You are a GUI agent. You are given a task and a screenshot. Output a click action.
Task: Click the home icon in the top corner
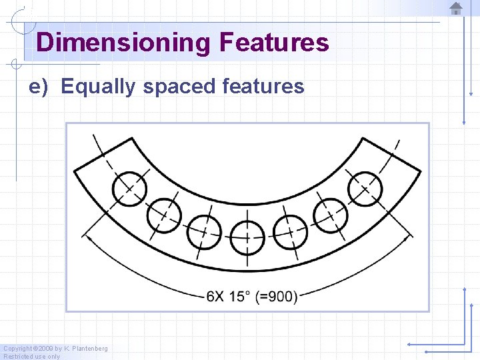click(x=456, y=9)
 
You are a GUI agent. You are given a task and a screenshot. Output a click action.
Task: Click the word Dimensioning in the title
click(x=123, y=43)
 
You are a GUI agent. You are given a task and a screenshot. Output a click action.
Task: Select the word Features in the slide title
click(x=274, y=43)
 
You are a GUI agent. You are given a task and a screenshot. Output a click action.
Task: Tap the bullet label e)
click(x=39, y=87)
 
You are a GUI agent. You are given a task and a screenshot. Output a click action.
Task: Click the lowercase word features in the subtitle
click(x=263, y=87)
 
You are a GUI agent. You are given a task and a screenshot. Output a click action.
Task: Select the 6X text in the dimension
click(x=215, y=296)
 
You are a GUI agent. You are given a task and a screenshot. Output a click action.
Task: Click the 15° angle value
click(x=241, y=296)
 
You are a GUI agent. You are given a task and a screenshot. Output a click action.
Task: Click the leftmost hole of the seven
click(x=129, y=189)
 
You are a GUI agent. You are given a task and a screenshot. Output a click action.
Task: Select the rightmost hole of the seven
click(x=365, y=189)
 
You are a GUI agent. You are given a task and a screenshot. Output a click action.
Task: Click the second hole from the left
click(x=163, y=215)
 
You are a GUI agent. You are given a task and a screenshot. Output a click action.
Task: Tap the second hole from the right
click(x=331, y=215)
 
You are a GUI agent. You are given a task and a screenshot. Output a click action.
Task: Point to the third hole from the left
click(x=204, y=231)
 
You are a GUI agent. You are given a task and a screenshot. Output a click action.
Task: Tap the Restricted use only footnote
click(x=31, y=356)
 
